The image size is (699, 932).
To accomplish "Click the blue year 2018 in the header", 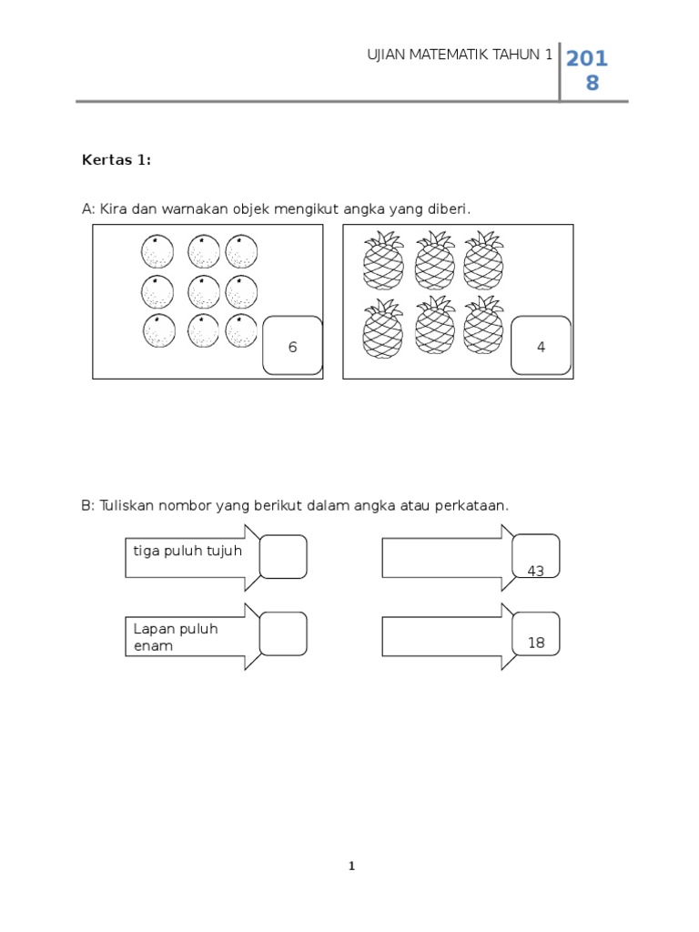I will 587,71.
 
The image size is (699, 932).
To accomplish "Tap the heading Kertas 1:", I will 116,160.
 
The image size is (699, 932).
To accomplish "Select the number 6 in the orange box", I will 292,347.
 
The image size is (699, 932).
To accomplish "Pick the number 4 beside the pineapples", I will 542,347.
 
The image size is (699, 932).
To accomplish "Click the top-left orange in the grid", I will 157,251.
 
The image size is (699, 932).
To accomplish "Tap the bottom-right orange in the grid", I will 241,330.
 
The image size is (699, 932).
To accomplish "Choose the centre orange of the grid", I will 204,292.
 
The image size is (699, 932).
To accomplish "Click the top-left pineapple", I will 383,260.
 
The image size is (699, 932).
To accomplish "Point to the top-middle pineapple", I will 434,260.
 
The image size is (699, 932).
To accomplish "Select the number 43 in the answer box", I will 536,571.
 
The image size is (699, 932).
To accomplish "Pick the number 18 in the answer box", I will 536,643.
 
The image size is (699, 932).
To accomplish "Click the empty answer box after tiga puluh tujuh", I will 283,556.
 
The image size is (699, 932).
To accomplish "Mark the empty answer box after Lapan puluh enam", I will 283,633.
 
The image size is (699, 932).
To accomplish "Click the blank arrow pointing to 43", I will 441,557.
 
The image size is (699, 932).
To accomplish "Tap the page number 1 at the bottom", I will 351,866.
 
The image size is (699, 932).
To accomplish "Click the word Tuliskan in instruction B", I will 127,505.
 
